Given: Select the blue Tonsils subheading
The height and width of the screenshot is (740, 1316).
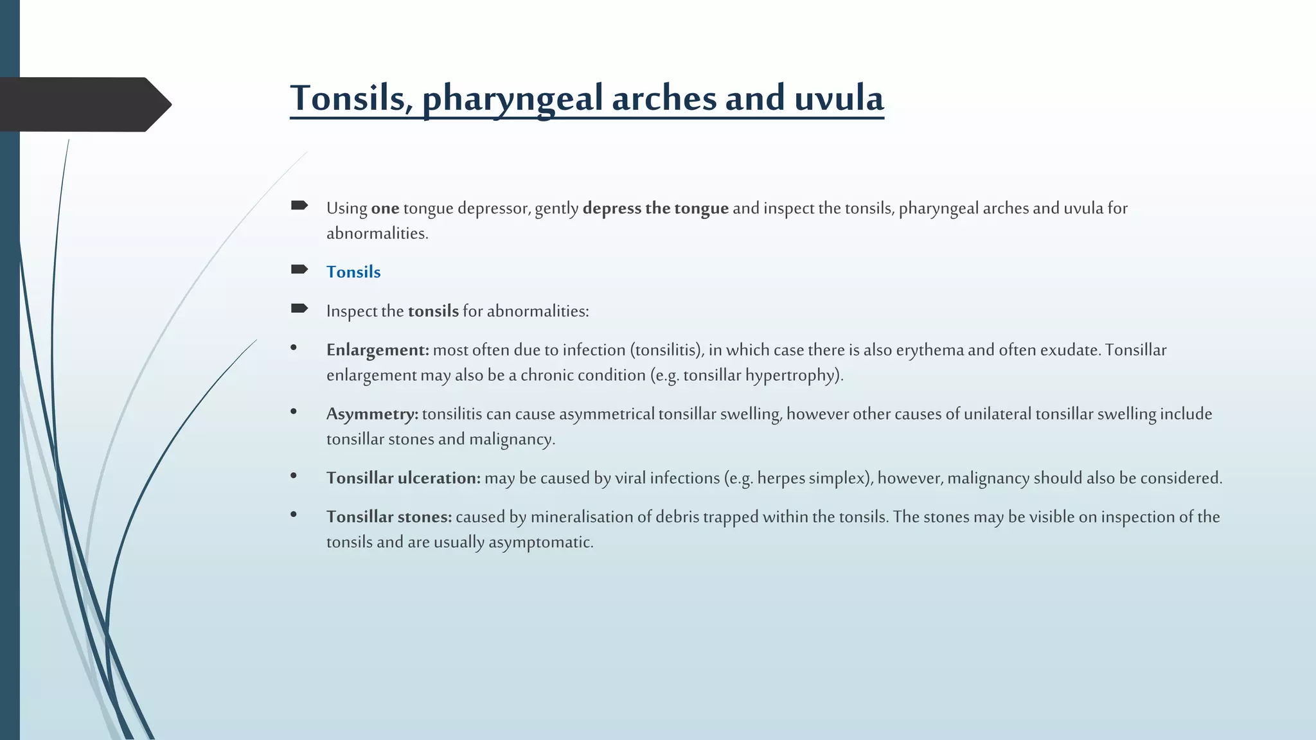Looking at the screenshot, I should click(x=353, y=272).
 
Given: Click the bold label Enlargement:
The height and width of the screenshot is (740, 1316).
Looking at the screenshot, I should click(x=377, y=350).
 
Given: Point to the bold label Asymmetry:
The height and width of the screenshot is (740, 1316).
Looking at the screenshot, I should click(x=372, y=414).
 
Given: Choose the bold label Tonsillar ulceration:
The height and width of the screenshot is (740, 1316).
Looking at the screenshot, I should click(x=403, y=478).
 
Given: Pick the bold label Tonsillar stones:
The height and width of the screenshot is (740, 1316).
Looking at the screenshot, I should click(x=389, y=517).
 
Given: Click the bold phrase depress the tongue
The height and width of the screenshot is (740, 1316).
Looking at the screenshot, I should click(x=655, y=208).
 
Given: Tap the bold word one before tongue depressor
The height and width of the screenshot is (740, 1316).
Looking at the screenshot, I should click(x=385, y=208).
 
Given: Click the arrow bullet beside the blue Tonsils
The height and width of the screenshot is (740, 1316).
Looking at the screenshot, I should click(x=299, y=270).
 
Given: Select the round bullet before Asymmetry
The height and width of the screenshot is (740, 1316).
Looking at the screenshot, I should click(x=294, y=411).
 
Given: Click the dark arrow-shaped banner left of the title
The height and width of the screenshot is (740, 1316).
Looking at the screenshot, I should click(x=84, y=104).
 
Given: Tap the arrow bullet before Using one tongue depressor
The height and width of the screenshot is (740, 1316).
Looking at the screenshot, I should click(x=299, y=206).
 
